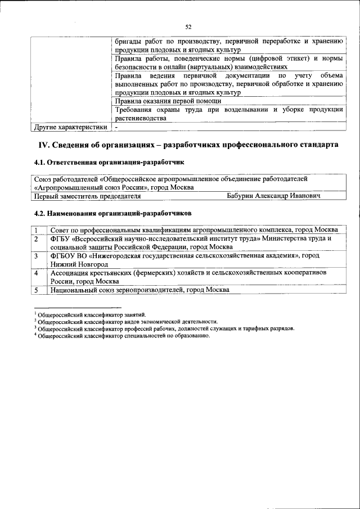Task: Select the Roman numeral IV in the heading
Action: (44, 145)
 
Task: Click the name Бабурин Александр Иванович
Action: (273, 196)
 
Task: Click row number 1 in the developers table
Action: (35, 230)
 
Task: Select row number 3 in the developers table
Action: (35, 256)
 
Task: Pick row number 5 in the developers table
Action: (35, 290)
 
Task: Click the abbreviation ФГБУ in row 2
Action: (60, 238)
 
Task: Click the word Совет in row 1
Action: (60, 230)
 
